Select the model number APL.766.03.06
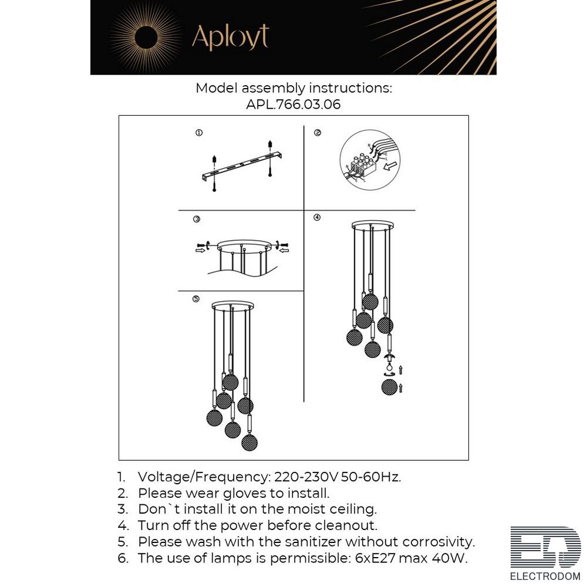[293, 104]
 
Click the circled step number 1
[199, 133]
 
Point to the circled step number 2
[318, 133]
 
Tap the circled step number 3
[197, 219]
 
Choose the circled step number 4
[317, 217]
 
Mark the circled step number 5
[196, 299]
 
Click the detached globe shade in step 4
[389, 387]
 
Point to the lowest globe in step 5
[249, 443]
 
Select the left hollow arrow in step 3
[200, 250]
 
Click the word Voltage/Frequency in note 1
[203, 477]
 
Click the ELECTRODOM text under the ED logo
[545, 576]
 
